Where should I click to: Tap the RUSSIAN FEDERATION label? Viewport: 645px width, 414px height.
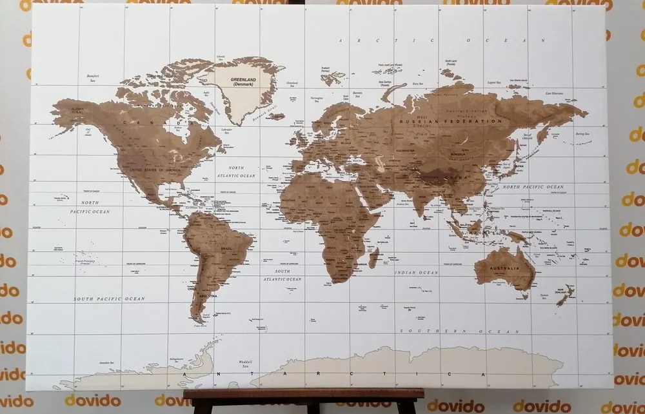click(450, 121)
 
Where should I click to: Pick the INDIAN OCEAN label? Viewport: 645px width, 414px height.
click(417, 273)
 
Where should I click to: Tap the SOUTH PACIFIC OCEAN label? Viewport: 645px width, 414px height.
click(109, 299)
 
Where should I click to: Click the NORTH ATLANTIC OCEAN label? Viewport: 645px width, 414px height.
click(236, 172)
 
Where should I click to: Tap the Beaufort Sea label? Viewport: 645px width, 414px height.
click(93, 78)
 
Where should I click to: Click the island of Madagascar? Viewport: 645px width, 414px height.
click(373, 258)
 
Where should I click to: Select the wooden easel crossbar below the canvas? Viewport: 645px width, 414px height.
click(303, 393)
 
